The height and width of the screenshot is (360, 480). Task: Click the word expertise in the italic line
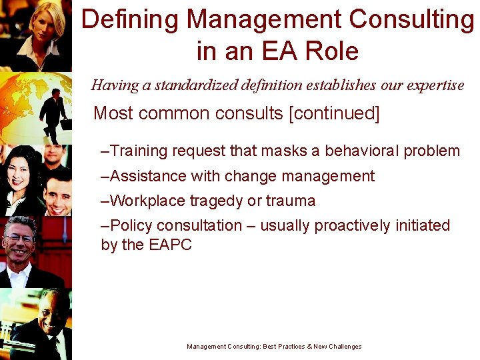tap(431, 85)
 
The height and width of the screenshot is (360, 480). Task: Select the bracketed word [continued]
tap(334, 113)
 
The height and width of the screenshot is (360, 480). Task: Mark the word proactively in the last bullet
tap(353, 225)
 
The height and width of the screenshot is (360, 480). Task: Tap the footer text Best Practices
tap(288, 347)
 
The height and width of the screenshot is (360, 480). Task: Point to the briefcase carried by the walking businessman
tap(65, 124)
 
